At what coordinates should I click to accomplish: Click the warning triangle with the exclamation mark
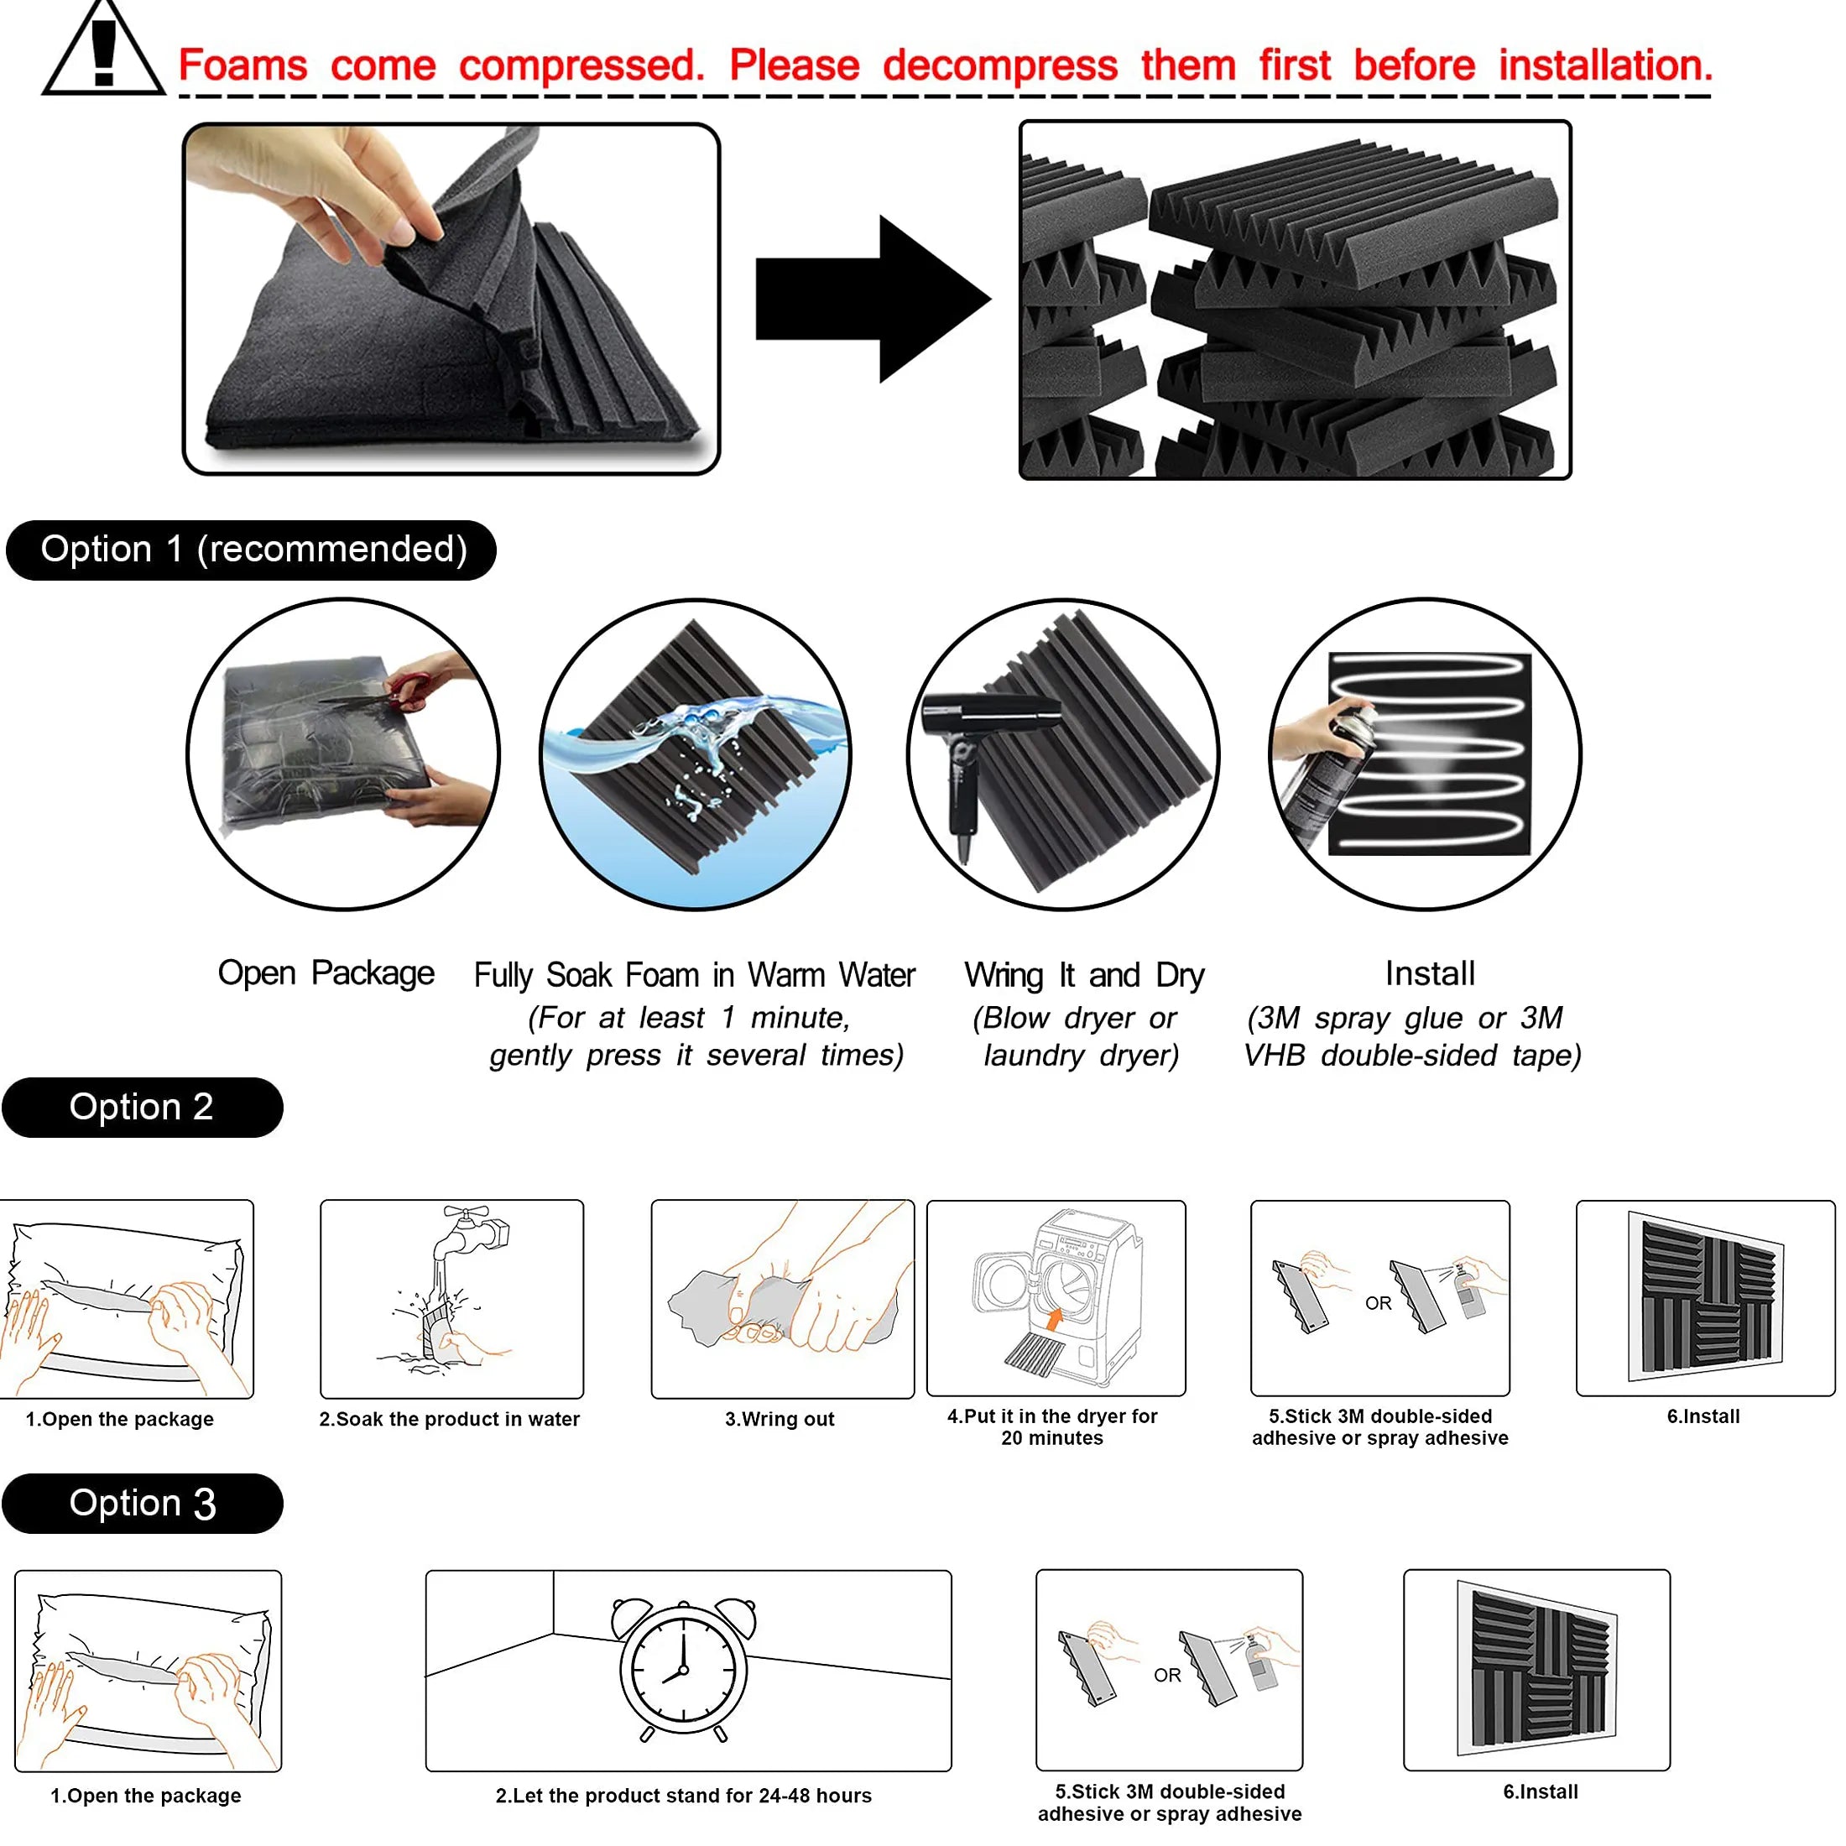click(x=103, y=53)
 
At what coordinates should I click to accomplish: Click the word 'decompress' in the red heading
click(x=999, y=66)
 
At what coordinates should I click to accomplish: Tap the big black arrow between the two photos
click(x=870, y=299)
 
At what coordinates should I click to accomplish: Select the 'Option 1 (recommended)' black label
click(x=251, y=550)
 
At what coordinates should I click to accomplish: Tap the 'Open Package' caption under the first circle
click(x=326, y=973)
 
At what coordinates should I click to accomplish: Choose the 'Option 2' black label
click(x=142, y=1108)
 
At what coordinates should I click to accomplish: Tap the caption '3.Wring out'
click(x=780, y=1419)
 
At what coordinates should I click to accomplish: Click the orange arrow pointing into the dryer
click(x=1054, y=1321)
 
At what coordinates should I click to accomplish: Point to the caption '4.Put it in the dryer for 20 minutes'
click(x=1052, y=1426)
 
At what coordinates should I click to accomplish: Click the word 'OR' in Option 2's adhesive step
click(x=1378, y=1303)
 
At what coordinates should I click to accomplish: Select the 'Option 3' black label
click(x=142, y=1504)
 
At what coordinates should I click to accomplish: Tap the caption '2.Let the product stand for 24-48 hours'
click(x=683, y=1796)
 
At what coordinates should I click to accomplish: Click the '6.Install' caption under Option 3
click(x=1541, y=1791)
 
